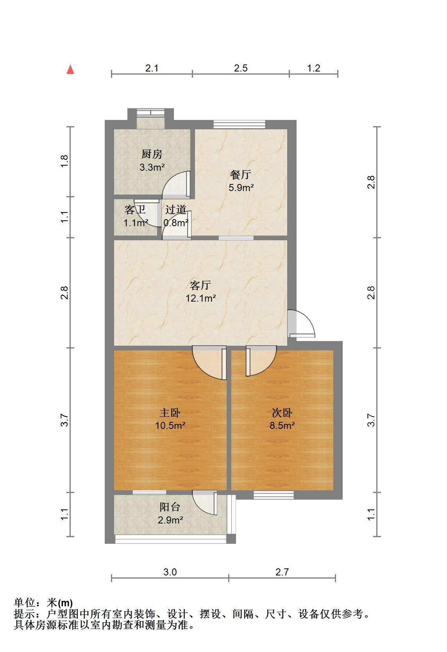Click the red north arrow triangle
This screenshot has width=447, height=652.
coord(70,70)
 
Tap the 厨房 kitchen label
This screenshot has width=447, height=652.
coord(152,154)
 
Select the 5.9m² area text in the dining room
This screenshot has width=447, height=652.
coord(241,188)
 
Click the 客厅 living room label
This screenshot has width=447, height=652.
coord(200,285)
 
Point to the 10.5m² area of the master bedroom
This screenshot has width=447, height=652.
coord(170,425)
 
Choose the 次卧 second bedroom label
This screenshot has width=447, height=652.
coord(282,413)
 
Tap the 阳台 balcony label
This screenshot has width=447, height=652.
coord(170,507)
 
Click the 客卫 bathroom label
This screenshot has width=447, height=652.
coord(135,209)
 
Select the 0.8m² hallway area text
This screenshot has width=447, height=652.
coord(176,223)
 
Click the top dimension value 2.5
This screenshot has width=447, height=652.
coord(241,68)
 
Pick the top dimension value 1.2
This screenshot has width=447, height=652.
coord(314,68)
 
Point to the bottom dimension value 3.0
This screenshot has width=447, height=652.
coord(170,572)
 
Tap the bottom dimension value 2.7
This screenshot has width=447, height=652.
coord(282,572)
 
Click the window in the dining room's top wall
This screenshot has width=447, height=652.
coord(240,124)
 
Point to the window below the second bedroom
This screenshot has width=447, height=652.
coord(274,495)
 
